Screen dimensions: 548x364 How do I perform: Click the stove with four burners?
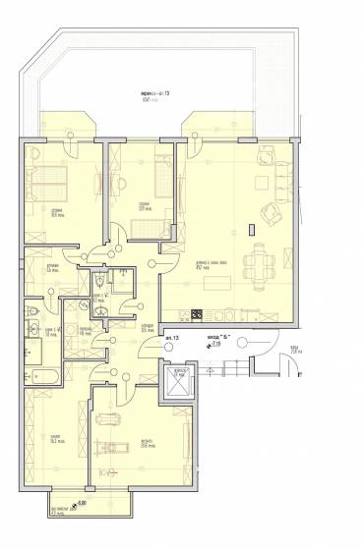click(196, 314)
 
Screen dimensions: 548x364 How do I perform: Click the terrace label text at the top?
click(155, 93)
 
